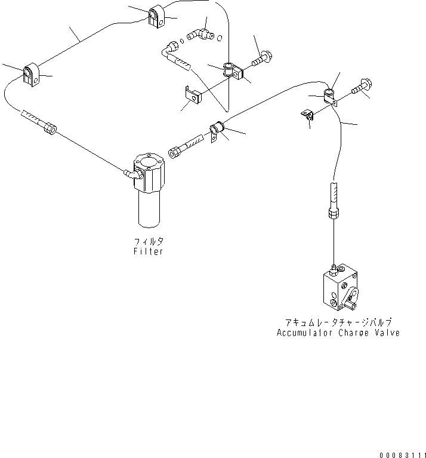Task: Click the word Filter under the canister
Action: (x=149, y=252)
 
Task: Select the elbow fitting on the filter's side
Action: (x=128, y=174)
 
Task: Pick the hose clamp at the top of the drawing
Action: (x=156, y=16)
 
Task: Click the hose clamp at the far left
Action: (x=30, y=76)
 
